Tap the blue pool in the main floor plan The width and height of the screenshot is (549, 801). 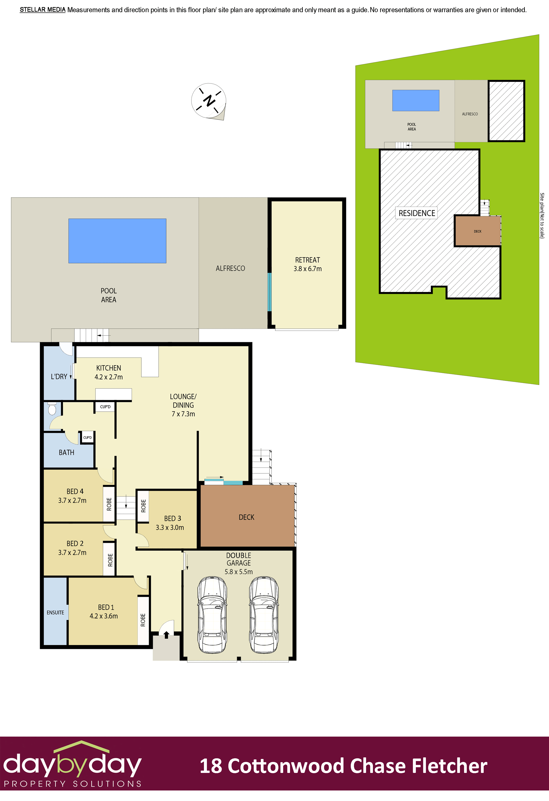pos(117,241)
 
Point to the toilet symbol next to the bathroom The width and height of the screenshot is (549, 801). pos(52,409)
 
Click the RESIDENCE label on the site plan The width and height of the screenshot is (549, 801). pos(417,213)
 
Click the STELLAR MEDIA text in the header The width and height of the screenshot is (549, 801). pos(42,10)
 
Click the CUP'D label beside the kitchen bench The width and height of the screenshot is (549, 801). pos(105,407)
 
